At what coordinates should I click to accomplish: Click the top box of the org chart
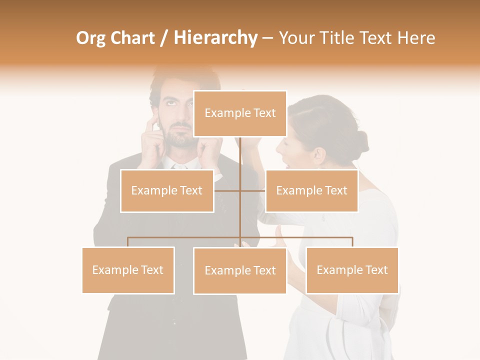pyautogui.click(x=240, y=113)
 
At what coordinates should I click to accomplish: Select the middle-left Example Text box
pyautogui.click(x=167, y=190)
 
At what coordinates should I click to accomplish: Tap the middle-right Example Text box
pyautogui.click(x=311, y=190)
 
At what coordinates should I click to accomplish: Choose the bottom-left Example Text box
pyautogui.click(x=128, y=270)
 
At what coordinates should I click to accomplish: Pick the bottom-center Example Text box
pyautogui.click(x=240, y=270)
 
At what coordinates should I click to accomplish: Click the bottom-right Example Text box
pyautogui.click(x=352, y=270)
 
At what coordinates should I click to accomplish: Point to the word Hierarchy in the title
pyautogui.click(x=215, y=38)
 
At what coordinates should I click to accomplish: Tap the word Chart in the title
pyautogui.click(x=132, y=38)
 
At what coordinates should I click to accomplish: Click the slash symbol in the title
pyautogui.click(x=164, y=38)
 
